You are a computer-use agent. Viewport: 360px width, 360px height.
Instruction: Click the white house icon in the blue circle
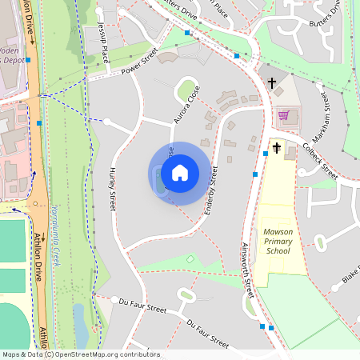180,172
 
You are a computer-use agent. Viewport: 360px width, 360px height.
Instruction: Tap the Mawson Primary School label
278,241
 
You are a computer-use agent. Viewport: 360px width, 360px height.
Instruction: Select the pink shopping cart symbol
283,115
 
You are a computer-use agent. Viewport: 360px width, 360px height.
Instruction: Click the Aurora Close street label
186,105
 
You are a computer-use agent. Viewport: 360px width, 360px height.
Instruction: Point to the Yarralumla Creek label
56,235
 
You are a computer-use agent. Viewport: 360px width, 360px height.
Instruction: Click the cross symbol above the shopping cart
272,82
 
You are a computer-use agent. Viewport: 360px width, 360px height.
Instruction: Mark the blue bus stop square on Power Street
186,33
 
